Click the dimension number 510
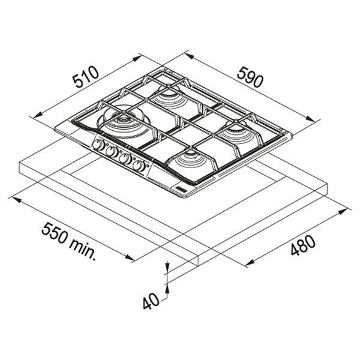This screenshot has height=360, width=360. click(x=86, y=77)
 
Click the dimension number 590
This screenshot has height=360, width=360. click(x=250, y=77)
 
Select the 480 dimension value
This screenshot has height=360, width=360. click(x=303, y=245)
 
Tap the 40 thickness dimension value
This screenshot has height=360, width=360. click(x=151, y=301)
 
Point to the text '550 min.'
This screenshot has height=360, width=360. click(x=68, y=241)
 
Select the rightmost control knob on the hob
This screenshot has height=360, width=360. click(x=140, y=166)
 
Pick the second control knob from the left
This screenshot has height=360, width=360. click(x=112, y=152)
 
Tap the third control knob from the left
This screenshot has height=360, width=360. click(x=125, y=158)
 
